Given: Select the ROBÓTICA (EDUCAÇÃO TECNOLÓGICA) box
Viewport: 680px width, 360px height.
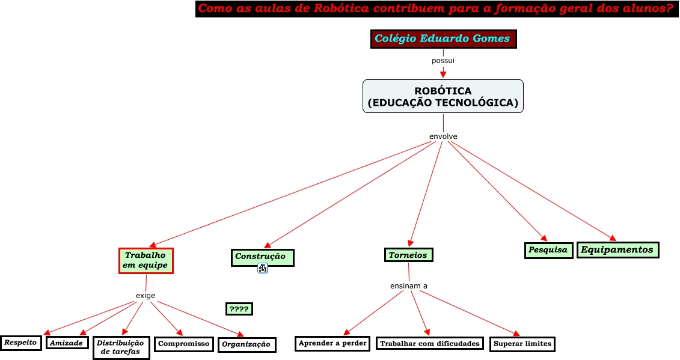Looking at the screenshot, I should pos(443,96).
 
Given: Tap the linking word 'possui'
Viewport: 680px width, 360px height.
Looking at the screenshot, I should pos(443,60).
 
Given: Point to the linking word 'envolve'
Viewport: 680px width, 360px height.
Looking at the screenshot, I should pos(443,136).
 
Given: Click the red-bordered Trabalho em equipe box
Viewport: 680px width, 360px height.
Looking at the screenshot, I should pos(146,260).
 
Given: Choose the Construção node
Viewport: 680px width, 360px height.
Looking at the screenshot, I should pos(262,257).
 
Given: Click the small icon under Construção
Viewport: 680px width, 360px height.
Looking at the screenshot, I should pos(262,269).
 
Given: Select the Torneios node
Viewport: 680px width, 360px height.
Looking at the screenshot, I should pos(408,255).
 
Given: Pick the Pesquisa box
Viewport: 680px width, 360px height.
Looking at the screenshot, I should pos(548,250).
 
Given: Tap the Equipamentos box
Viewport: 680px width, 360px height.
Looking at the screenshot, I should pos(618,249).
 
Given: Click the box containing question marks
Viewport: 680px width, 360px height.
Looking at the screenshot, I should pos(239,309).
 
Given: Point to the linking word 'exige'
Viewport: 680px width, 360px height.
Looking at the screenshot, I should pos(145,295).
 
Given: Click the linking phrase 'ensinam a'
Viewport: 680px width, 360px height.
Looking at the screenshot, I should pos(409,285).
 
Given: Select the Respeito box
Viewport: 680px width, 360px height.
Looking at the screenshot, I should pos(21,343).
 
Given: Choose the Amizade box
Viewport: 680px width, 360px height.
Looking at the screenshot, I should pos(67,343).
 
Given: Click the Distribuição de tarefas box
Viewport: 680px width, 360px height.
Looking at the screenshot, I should pos(121,347).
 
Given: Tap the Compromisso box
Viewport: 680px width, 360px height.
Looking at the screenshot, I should pos(184,344).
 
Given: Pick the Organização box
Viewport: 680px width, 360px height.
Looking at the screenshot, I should pos(247,344).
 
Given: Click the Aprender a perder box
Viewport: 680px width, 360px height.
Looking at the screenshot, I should pos(332,343).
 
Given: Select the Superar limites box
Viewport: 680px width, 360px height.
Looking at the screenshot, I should pos(521,344).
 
